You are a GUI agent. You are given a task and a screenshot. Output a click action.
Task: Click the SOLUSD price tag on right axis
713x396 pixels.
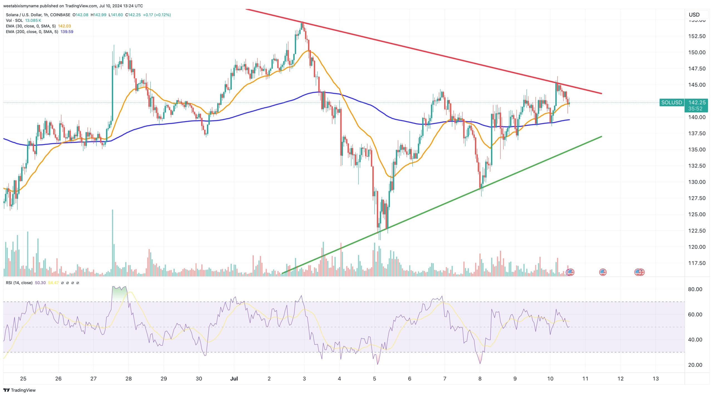(x=672, y=102)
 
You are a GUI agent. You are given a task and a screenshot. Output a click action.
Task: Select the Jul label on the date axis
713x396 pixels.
(x=234, y=378)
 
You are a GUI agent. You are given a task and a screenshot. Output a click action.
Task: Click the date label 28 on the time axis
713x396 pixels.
(x=128, y=378)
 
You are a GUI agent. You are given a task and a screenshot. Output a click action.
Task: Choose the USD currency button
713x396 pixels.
(x=694, y=15)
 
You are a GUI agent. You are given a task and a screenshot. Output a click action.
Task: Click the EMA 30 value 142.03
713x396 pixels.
(x=64, y=26)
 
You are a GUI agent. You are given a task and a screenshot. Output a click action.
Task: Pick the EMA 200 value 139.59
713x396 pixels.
(x=67, y=32)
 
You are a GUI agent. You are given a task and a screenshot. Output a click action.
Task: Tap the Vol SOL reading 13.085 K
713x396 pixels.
(x=33, y=21)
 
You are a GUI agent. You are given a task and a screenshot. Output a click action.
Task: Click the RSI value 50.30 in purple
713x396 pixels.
(x=40, y=283)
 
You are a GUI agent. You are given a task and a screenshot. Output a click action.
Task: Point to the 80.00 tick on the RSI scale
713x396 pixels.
(x=695, y=289)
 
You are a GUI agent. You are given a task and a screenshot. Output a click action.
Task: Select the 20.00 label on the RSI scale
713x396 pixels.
(x=695, y=365)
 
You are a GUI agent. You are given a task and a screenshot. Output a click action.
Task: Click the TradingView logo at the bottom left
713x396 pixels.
(x=19, y=390)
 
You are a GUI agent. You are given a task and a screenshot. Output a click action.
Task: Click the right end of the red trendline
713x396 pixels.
(x=602, y=94)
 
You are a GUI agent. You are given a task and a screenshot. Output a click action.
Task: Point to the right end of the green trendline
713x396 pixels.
(x=602, y=136)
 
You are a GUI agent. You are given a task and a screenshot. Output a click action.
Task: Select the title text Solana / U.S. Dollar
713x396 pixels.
(x=24, y=15)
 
